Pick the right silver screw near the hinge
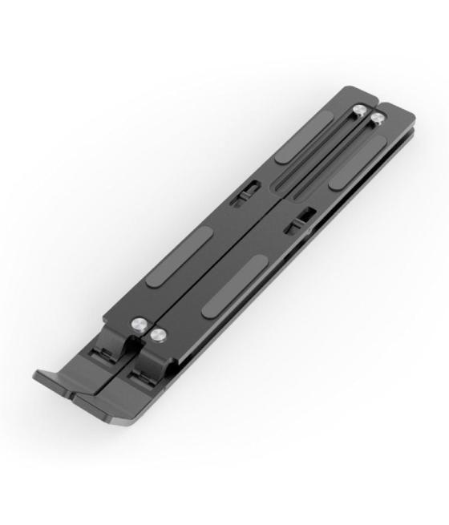[x=159, y=336]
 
